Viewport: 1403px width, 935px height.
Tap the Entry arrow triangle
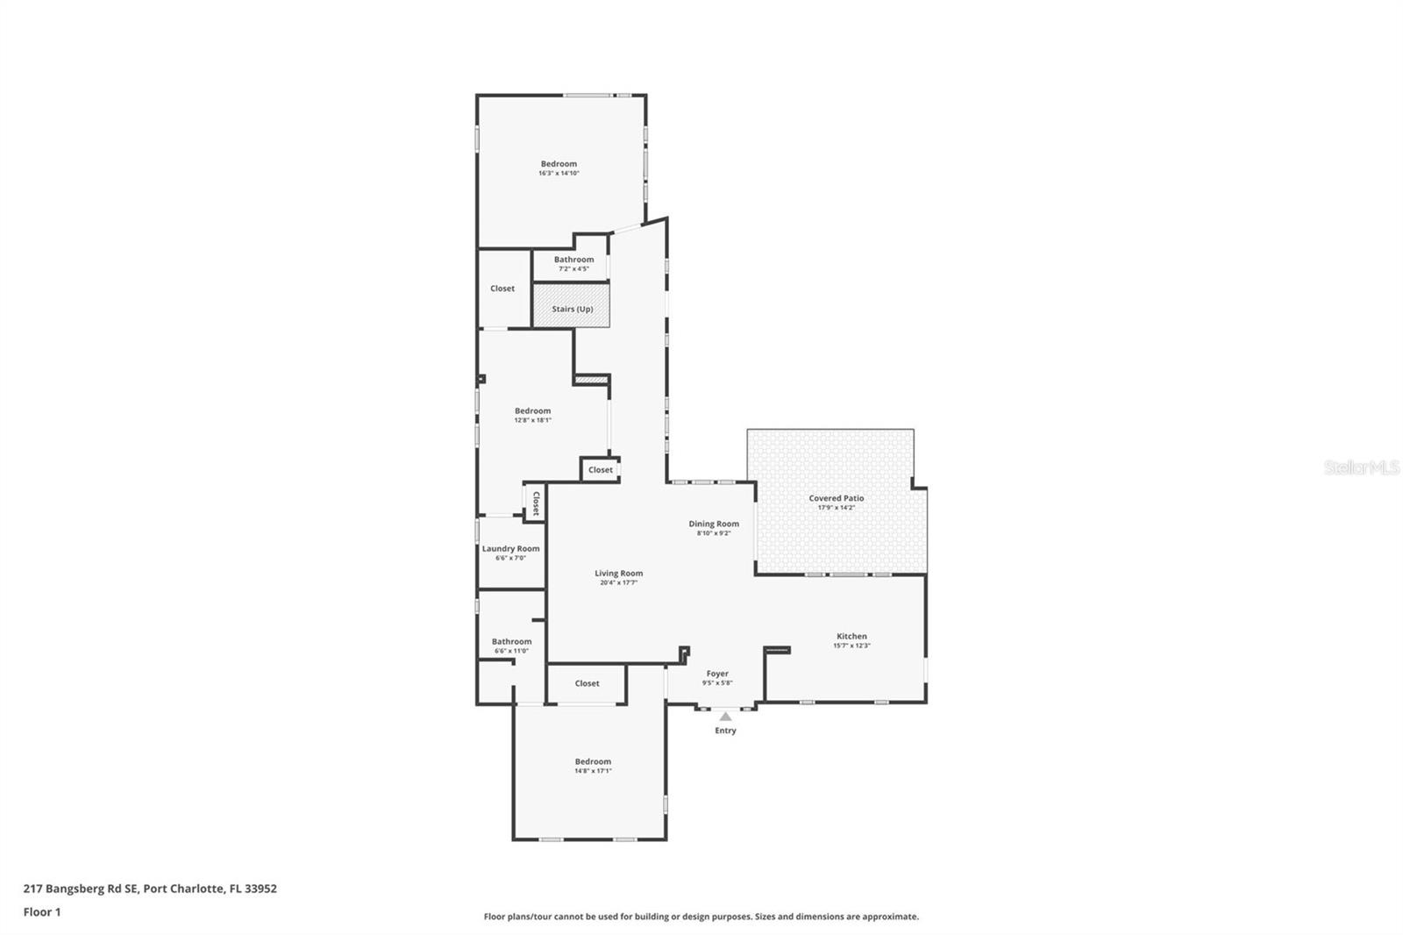click(725, 717)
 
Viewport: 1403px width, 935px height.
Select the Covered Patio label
click(836, 498)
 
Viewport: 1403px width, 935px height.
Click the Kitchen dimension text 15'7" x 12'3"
click(851, 646)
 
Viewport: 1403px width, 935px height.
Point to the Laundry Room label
click(510, 549)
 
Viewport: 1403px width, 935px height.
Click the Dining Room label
click(713, 524)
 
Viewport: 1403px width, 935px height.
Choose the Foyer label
click(717, 674)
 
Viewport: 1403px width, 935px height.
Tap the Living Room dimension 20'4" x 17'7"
click(618, 582)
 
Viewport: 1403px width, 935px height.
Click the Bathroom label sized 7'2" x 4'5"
click(573, 260)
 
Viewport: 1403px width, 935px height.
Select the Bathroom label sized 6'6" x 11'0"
click(511, 641)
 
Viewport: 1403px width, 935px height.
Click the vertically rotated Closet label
click(536, 503)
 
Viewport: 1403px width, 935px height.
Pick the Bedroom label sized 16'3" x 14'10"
click(559, 164)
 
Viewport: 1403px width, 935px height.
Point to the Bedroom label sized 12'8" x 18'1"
click(532, 410)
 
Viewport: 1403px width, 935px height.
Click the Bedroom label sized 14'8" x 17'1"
click(593, 761)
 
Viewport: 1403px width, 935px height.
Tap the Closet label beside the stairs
click(502, 289)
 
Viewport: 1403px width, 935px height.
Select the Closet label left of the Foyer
click(587, 683)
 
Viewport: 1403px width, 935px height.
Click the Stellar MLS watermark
click(1361, 468)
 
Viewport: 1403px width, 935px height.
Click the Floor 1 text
click(42, 912)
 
